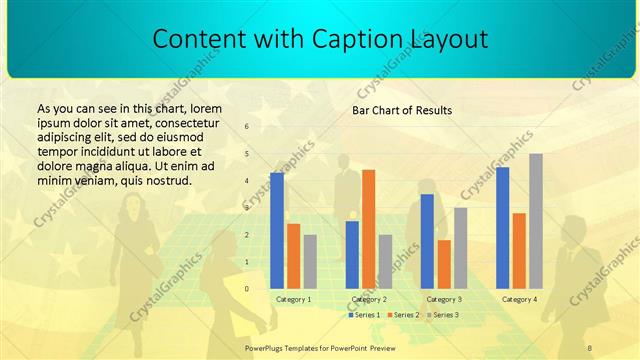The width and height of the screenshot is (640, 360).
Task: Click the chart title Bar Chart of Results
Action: click(x=401, y=110)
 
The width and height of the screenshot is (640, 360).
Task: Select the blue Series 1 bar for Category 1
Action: click(x=277, y=230)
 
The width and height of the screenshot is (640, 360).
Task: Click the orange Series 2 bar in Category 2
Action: click(x=368, y=229)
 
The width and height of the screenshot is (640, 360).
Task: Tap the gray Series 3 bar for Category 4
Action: click(x=536, y=221)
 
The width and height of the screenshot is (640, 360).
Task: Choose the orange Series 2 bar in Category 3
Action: click(x=444, y=264)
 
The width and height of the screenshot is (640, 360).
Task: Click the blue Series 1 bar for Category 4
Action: click(x=502, y=227)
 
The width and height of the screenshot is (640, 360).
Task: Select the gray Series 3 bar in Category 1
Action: click(x=310, y=261)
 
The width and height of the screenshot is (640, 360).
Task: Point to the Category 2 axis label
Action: click(x=369, y=299)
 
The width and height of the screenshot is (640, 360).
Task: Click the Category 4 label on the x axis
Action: click(x=519, y=299)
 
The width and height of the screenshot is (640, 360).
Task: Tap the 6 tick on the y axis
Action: click(x=247, y=127)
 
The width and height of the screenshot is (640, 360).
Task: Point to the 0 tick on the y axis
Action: click(x=247, y=288)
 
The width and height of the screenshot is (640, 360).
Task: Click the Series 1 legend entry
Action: click(x=364, y=315)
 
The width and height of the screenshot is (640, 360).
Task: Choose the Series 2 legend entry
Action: click(x=403, y=315)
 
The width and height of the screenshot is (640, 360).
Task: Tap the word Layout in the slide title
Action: click(x=447, y=40)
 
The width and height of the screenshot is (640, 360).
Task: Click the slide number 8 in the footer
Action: click(x=589, y=347)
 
